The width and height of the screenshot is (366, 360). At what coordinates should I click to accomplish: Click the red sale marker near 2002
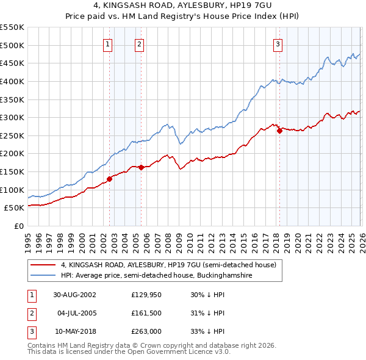[110, 179]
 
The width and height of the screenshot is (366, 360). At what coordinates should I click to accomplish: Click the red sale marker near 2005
[141, 167]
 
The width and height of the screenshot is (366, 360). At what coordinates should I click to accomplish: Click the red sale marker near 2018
[279, 130]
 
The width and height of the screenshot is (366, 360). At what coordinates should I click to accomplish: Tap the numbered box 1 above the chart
[108, 43]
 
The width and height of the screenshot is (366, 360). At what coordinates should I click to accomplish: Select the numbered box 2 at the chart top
[140, 43]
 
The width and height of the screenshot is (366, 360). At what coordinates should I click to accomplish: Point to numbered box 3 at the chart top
[278, 43]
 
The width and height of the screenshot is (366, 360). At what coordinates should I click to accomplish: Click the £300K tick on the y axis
[12, 117]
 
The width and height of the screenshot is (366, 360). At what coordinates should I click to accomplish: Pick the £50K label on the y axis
[14, 208]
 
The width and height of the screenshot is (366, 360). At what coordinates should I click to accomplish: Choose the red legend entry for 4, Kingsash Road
[168, 265]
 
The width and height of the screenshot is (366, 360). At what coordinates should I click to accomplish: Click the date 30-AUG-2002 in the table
[74, 294]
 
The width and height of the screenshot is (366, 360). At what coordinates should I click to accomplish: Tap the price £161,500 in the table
[146, 313]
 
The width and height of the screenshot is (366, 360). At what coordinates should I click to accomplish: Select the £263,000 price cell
[146, 332]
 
